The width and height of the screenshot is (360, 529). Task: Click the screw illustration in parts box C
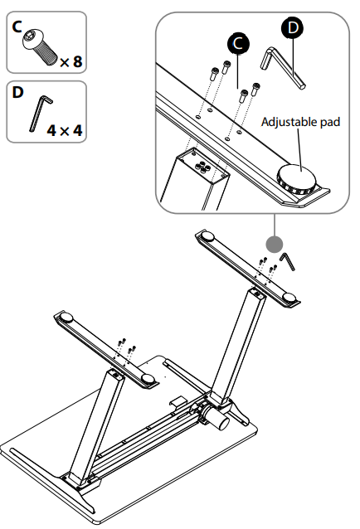[40, 46]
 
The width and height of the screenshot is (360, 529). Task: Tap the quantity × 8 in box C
[71, 61]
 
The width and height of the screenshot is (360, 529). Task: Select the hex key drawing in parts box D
[41, 113]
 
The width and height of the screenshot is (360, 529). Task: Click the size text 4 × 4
[65, 130]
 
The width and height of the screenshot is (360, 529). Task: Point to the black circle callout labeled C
[238, 43]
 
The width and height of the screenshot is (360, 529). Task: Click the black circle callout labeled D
[292, 27]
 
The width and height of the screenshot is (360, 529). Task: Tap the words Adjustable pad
[300, 122]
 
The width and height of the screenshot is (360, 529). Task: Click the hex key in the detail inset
[282, 67]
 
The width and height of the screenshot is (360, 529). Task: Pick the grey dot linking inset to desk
[275, 244]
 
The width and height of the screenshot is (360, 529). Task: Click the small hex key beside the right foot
[288, 260]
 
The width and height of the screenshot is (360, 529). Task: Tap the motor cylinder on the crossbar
[218, 419]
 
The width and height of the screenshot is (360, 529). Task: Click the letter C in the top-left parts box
[17, 27]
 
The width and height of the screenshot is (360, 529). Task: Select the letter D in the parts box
[17, 92]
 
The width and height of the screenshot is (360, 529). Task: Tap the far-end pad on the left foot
[66, 318]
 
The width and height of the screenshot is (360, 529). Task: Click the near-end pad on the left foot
[148, 379]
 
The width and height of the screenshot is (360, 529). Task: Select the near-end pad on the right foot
[289, 297]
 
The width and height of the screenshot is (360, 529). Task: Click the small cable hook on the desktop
[178, 402]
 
